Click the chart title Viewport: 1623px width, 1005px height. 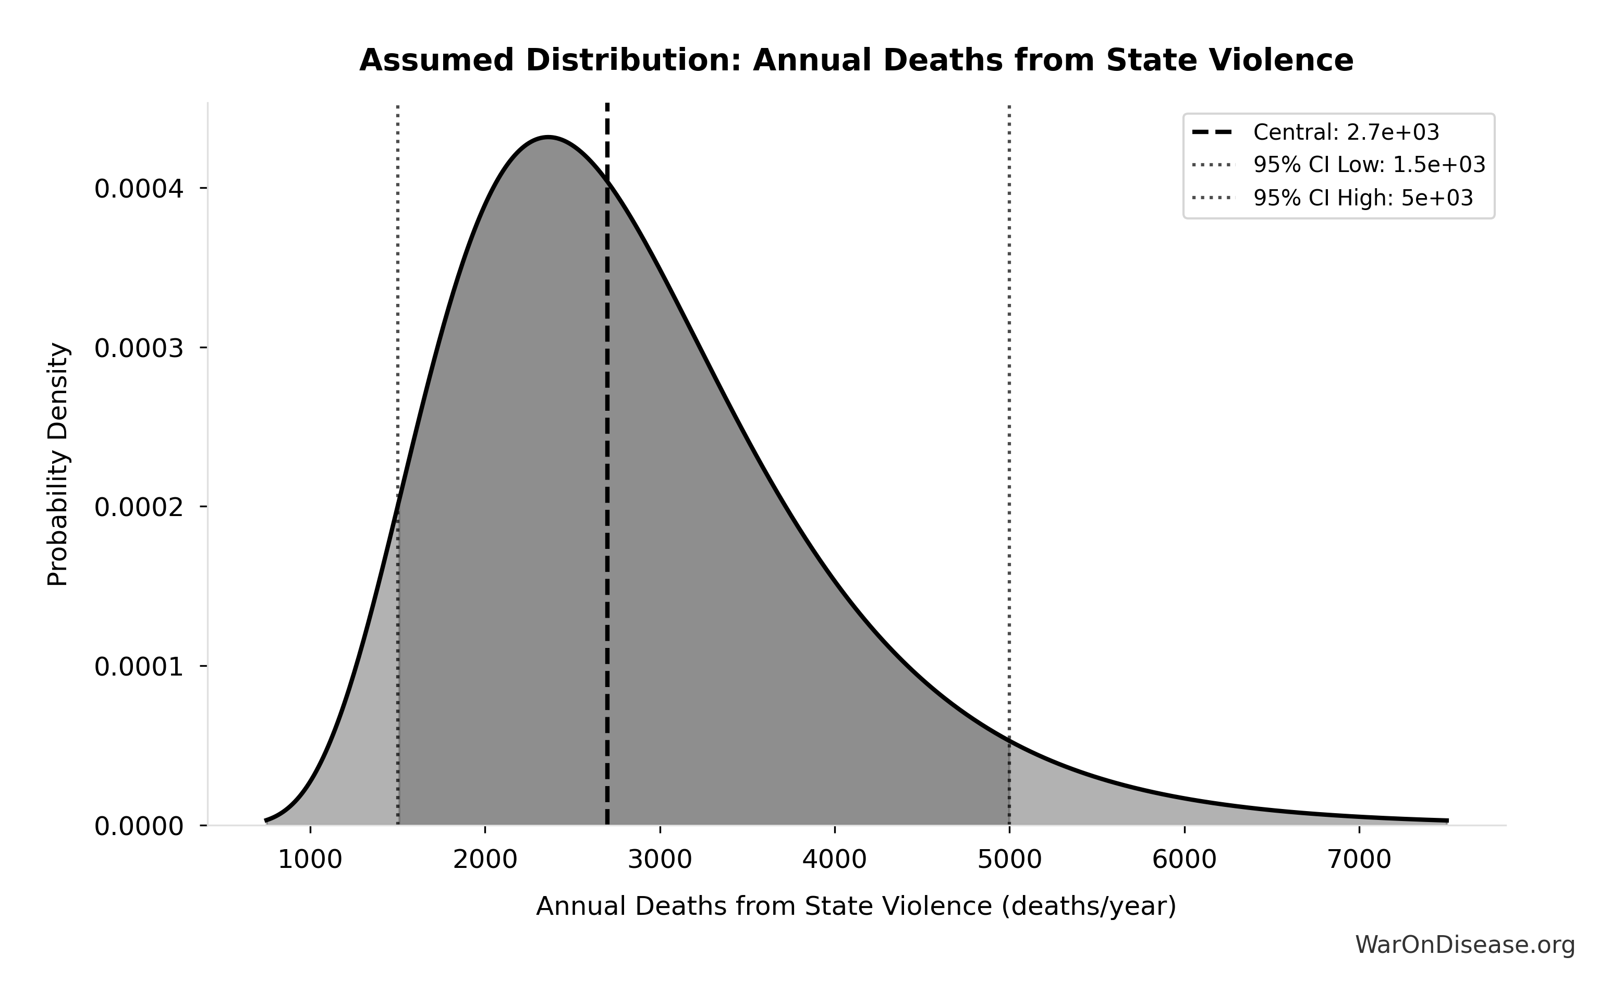point(856,60)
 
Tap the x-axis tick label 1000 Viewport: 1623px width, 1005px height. point(310,860)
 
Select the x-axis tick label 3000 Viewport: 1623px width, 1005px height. point(660,860)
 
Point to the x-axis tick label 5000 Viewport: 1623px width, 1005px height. point(1009,860)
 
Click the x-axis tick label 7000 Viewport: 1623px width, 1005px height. point(1359,860)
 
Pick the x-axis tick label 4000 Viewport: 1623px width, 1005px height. point(834,860)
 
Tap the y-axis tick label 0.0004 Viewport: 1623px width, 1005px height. point(138,189)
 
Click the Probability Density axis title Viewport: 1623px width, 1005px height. point(58,464)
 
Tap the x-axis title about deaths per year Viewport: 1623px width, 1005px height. point(856,906)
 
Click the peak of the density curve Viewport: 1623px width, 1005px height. point(547,138)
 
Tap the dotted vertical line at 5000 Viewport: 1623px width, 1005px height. point(1009,399)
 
